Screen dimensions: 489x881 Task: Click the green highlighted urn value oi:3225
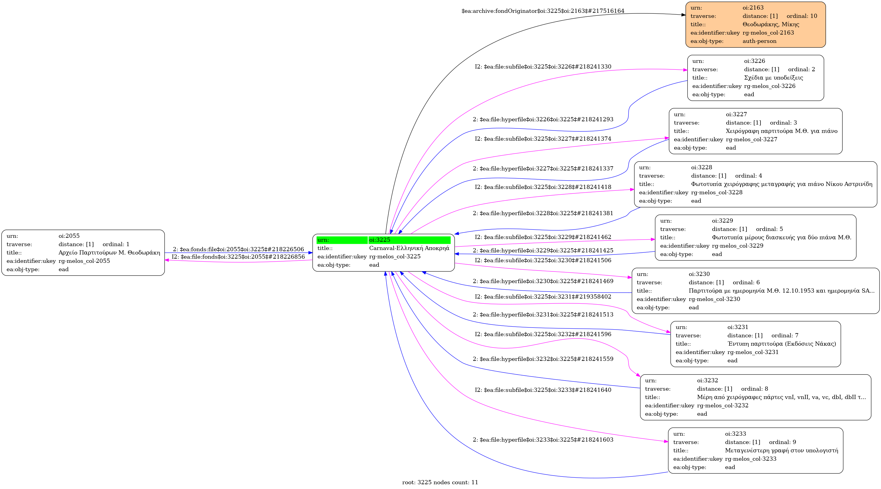[x=380, y=240]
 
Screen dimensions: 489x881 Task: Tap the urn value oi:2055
[x=69, y=236]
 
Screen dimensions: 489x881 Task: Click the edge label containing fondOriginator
[x=543, y=11]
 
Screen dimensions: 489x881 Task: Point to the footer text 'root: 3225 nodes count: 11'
[x=440, y=482]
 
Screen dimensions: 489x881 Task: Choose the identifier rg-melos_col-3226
[x=769, y=86]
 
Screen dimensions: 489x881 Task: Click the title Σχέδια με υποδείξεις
[x=773, y=77]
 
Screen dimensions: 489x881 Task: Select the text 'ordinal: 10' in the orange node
[x=802, y=16]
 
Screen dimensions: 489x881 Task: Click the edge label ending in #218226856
[x=238, y=257]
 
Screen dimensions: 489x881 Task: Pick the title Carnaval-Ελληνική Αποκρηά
[x=409, y=248]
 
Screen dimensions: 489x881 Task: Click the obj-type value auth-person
[x=759, y=41]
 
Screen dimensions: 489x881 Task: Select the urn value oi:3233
[x=735, y=434]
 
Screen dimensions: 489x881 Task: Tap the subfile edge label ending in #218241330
[x=543, y=66]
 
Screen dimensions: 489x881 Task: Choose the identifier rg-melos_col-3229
[x=737, y=246]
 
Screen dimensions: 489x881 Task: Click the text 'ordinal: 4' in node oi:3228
[x=748, y=176]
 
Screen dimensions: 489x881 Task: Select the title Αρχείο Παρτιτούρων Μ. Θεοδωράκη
[x=109, y=252]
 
